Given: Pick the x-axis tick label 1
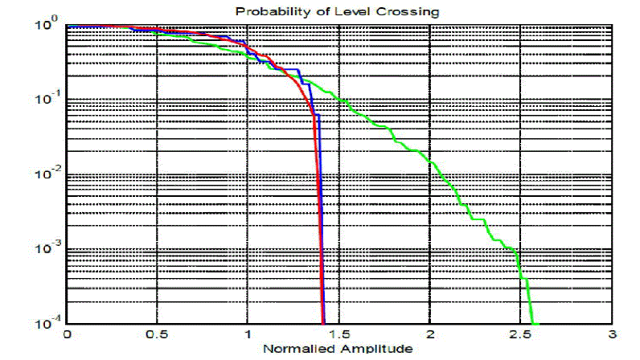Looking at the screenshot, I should click(x=248, y=335).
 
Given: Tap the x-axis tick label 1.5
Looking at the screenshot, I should click(x=338, y=335).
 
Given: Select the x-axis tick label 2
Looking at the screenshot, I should click(x=429, y=335).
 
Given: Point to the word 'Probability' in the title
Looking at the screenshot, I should click(x=265, y=12).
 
